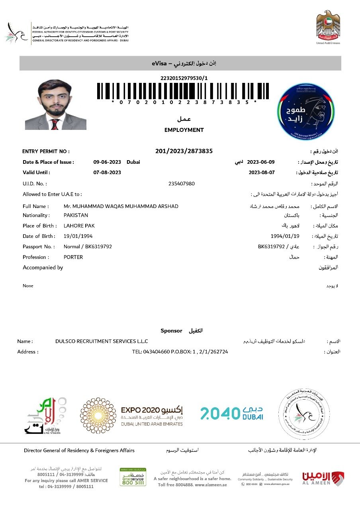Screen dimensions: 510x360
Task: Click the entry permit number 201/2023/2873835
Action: [184, 151]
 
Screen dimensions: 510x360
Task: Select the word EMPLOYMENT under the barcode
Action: [184, 130]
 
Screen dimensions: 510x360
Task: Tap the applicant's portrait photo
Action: [56, 104]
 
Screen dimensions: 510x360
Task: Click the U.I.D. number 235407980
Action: [182, 184]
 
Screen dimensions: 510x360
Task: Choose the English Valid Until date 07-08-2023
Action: [107, 173]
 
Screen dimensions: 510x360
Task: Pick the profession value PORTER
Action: [73, 257]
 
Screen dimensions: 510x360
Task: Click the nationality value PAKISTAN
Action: [76, 215]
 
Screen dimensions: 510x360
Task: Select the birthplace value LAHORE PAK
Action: [79, 226]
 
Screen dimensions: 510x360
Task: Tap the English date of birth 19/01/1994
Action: [78, 236]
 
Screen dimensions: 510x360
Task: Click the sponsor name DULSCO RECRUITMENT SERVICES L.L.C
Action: [102, 341]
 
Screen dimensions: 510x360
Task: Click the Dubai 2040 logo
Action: [231, 413]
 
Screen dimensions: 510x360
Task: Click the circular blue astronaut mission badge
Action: [306, 111]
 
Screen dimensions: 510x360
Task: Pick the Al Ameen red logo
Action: [323, 478]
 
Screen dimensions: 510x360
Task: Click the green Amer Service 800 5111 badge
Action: [133, 477]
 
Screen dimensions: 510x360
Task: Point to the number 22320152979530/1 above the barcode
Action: [184, 78]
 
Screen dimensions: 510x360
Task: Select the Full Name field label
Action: [36, 206]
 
